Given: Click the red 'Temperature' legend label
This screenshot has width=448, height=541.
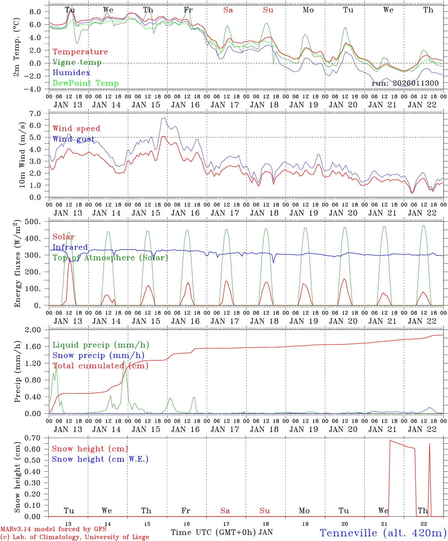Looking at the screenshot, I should pyautogui.click(x=80, y=52).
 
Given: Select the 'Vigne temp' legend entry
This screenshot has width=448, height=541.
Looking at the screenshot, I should pyautogui.click(x=77, y=62).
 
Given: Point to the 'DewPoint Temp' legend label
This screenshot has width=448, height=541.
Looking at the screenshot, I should pyautogui.click(x=86, y=83).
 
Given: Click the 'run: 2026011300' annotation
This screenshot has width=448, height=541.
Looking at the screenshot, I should pyautogui.click(x=405, y=83).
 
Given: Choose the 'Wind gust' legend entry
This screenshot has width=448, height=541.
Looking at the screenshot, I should pyautogui.click(x=74, y=139).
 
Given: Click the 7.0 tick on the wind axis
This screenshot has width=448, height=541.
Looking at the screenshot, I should pyautogui.click(x=40, y=113).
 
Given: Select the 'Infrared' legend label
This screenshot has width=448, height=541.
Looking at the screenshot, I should pyautogui.click(x=70, y=247).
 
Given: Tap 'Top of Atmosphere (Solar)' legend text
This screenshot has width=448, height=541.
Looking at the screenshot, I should pyautogui.click(x=110, y=258).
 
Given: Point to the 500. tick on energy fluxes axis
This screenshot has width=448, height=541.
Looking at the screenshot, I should pyautogui.click(x=38, y=222).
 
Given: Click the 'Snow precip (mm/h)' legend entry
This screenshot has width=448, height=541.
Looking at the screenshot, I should pyautogui.click(x=98, y=355).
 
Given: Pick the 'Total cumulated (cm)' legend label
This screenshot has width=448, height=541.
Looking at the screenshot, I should pyautogui.click(x=100, y=366).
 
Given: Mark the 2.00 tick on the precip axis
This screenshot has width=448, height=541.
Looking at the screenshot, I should pyautogui.click(x=38, y=330).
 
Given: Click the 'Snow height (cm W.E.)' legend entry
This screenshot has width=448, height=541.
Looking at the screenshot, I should pyautogui.click(x=100, y=459).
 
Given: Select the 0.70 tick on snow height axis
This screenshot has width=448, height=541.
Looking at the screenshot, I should pyautogui.click(x=38, y=438).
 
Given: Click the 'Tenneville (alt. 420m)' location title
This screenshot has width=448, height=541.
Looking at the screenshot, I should pyautogui.click(x=383, y=533).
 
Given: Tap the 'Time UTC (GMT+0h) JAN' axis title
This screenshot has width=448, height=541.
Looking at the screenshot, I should pyautogui.click(x=222, y=532).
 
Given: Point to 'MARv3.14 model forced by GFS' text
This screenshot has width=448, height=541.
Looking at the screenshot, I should pyautogui.click(x=53, y=529).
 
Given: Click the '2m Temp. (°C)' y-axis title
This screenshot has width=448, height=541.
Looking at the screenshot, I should pyautogui.click(x=17, y=52).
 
